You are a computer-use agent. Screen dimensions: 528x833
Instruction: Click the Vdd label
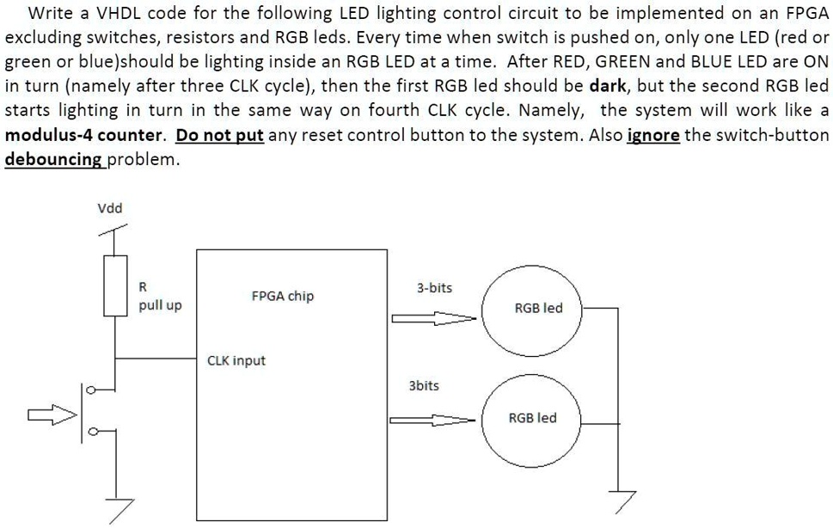click(109, 208)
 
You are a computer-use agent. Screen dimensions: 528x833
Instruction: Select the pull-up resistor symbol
click(116, 285)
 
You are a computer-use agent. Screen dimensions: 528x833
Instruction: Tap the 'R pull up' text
click(160, 297)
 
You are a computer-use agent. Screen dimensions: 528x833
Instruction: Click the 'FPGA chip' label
click(282, 296)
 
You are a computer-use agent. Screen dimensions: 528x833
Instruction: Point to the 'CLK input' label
click(236, 360)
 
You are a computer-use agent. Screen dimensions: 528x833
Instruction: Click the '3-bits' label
click(434, 287)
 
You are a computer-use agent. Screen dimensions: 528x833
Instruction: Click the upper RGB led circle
click(538, 307)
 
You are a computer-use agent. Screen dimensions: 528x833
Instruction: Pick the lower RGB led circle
click(533, 418)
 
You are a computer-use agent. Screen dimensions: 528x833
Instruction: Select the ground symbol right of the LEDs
click(618, 499)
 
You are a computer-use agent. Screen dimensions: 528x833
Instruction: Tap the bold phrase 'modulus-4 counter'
click(84, 136)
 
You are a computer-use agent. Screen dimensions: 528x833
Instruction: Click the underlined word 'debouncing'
click(54, 160)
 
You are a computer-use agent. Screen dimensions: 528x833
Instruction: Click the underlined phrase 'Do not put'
click(219, 136)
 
